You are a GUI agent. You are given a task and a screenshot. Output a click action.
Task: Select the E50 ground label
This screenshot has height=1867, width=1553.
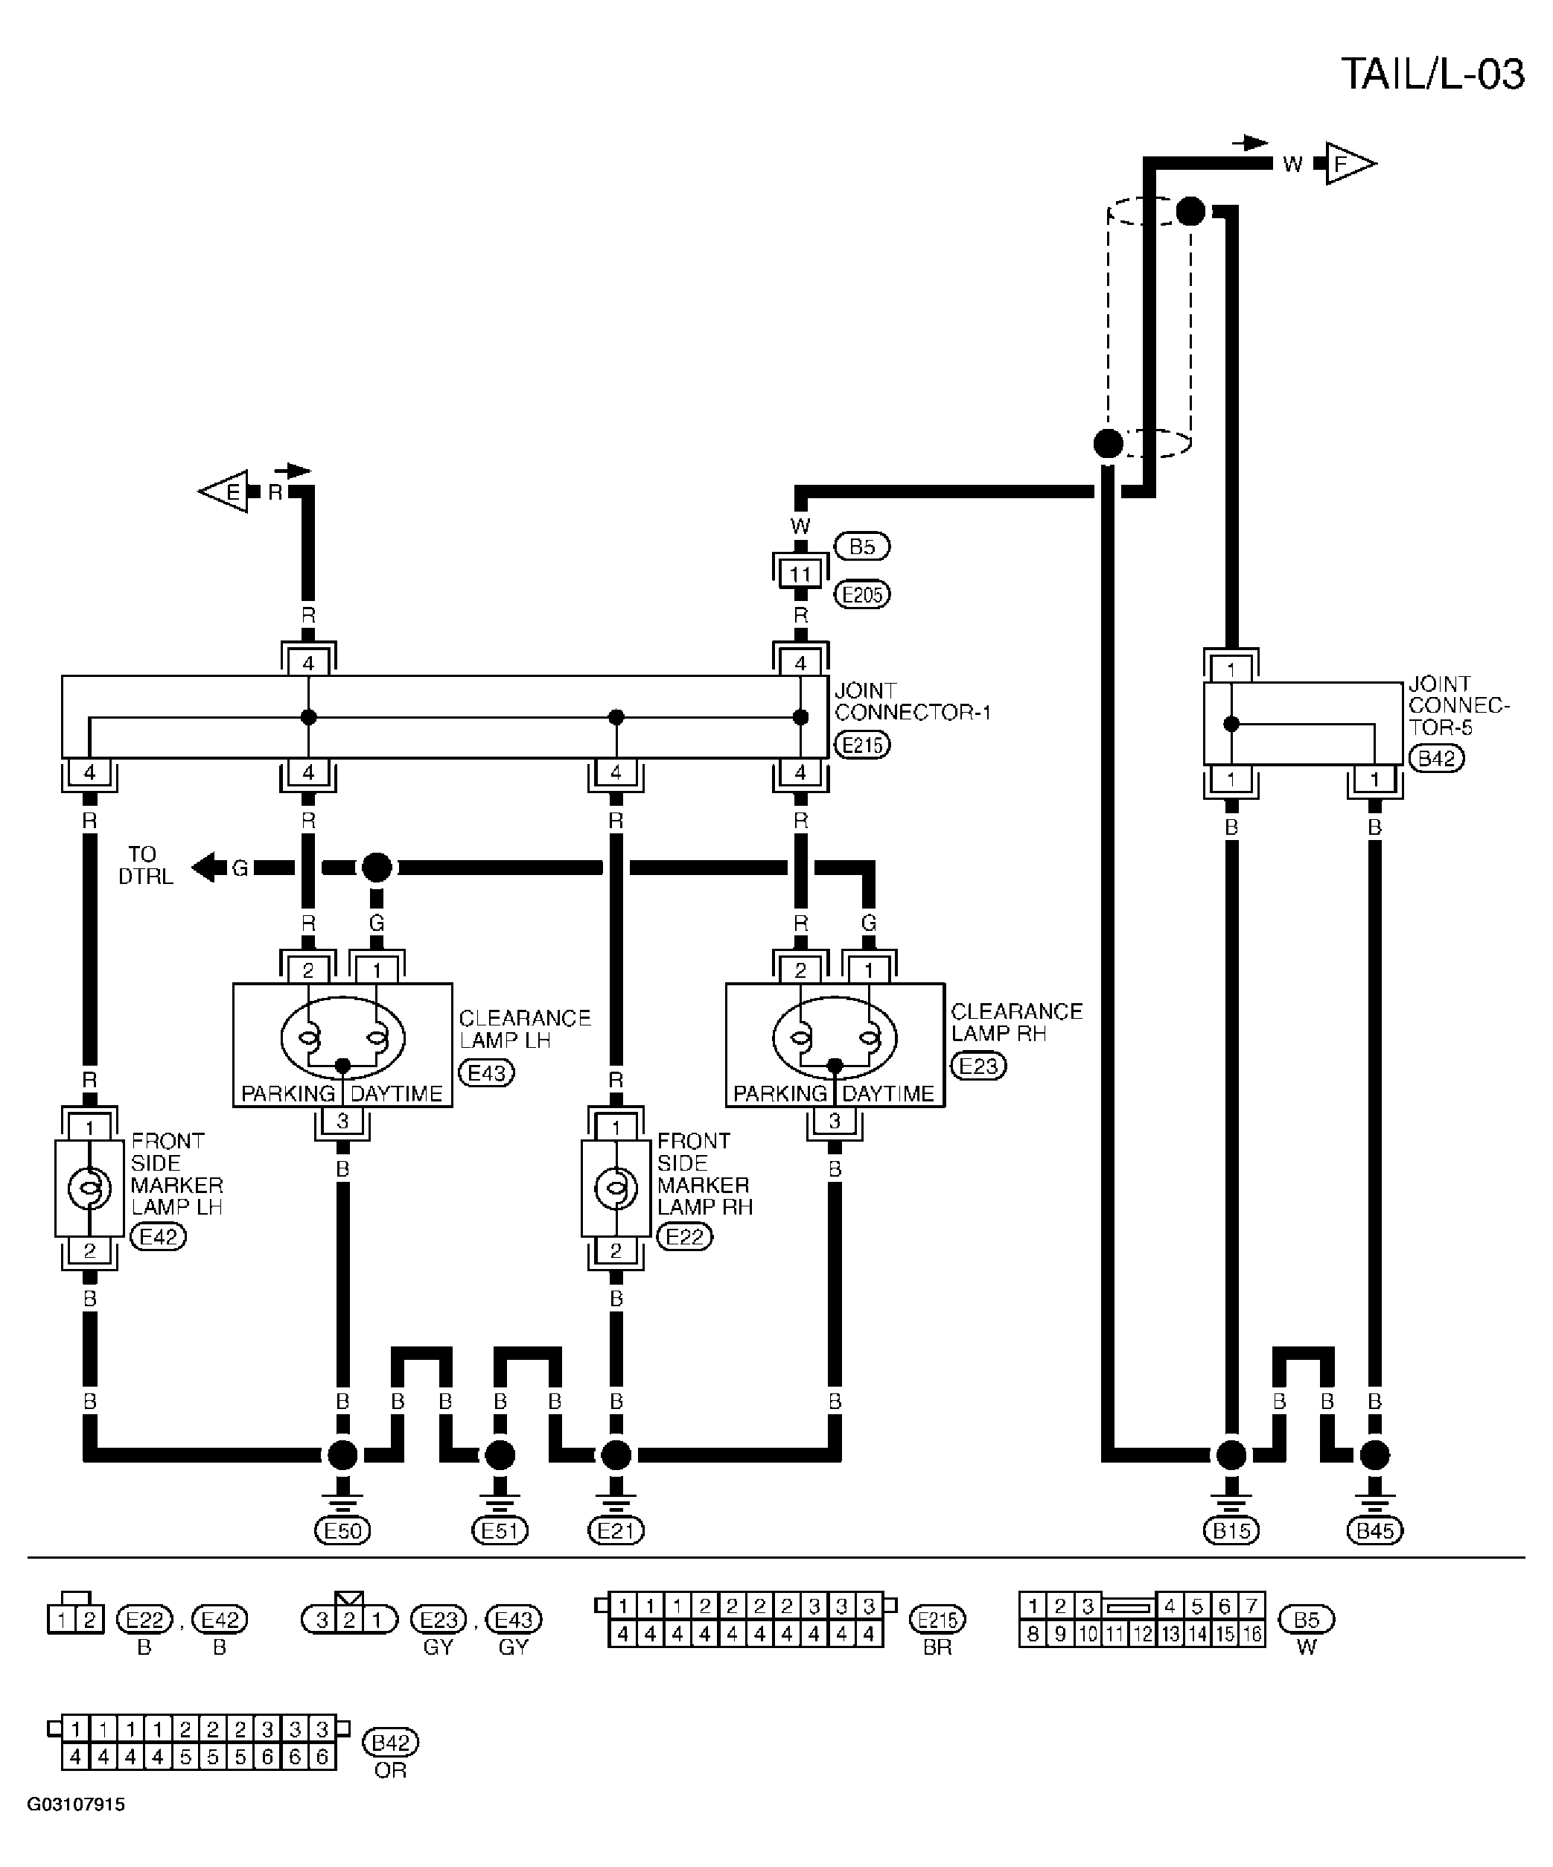click(x=343, y=1530)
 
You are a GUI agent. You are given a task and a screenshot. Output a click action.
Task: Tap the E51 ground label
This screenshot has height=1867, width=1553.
click(x=500, y=1530)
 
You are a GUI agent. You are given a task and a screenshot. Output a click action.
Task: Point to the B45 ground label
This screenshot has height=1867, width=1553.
click(x=1374, y=1530)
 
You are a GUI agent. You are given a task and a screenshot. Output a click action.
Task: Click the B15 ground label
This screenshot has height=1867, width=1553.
click(x=1231, y=1530)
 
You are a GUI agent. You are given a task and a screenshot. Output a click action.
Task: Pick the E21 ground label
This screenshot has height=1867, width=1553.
click(x=616, y=1530)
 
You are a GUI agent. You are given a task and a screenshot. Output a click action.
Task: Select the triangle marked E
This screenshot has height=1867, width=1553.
click(x=223, y=491)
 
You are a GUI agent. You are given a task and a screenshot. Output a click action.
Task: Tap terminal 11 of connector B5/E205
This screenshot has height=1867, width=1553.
click(x=800, y=574)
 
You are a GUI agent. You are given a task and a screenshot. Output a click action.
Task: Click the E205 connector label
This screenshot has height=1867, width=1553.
click(x=862, y=594)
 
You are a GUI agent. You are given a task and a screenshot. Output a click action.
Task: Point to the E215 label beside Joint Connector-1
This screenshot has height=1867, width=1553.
click(x=862, y=745)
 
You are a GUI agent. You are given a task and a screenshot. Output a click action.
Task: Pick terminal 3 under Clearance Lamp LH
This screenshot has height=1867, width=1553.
click(x=343, y=1121)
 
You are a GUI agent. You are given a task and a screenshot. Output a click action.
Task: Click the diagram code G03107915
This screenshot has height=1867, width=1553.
click(x=77, y=1804)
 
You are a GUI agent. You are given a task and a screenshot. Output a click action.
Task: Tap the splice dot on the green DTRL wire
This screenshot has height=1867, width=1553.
click(x=377, y=867)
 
